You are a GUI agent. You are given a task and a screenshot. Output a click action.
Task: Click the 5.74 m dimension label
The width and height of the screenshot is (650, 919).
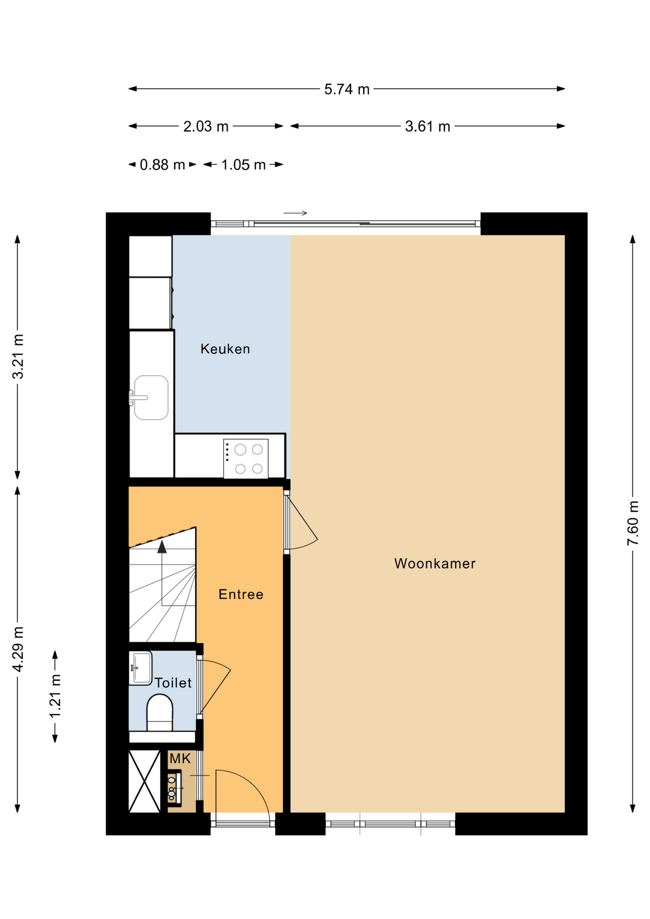pos(347,90)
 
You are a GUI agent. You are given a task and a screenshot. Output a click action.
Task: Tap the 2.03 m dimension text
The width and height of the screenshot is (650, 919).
pos(206,127)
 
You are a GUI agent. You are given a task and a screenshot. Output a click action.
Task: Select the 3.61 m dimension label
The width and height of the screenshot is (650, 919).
pos(427,127)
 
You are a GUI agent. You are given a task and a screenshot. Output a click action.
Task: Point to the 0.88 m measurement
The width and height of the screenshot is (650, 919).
pos(162,165)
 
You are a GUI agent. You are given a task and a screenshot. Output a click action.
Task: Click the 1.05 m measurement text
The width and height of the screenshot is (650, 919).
pos(243,165)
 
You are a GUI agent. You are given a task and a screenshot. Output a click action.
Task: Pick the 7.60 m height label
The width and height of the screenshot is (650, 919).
pos(633,523)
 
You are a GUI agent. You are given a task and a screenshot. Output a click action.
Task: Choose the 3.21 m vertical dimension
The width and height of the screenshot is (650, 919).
pos(18,357)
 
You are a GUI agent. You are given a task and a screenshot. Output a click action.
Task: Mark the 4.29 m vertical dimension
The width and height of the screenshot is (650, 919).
pos(18,649)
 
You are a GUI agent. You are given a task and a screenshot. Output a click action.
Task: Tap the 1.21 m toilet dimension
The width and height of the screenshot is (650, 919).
pos(55,696)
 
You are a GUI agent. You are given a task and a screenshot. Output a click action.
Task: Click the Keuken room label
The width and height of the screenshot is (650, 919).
pos(225,349)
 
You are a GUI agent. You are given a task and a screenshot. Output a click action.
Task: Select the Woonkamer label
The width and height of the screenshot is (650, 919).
pos(435,563)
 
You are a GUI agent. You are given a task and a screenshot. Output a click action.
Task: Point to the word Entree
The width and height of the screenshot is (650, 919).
pos(241,594)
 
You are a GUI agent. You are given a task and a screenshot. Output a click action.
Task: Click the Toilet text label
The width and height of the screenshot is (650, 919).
pos(173,683)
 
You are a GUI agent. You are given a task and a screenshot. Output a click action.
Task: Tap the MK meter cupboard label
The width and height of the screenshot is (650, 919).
pos(180,759)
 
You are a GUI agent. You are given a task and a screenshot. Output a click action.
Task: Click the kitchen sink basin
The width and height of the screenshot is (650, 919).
pos(151,398)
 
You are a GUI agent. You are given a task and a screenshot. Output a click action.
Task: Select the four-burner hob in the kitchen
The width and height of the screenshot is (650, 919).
pos(246,459)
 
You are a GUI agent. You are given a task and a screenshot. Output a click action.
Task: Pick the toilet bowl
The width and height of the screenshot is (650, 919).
pos(159,712)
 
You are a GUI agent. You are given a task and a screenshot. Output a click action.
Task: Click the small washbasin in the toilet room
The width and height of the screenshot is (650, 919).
pos(140,668)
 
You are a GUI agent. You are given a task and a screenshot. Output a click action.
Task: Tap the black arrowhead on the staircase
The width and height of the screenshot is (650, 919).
pos(162,547)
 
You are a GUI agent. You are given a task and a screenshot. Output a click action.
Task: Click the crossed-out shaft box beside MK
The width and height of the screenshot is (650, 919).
pos(145,782)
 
